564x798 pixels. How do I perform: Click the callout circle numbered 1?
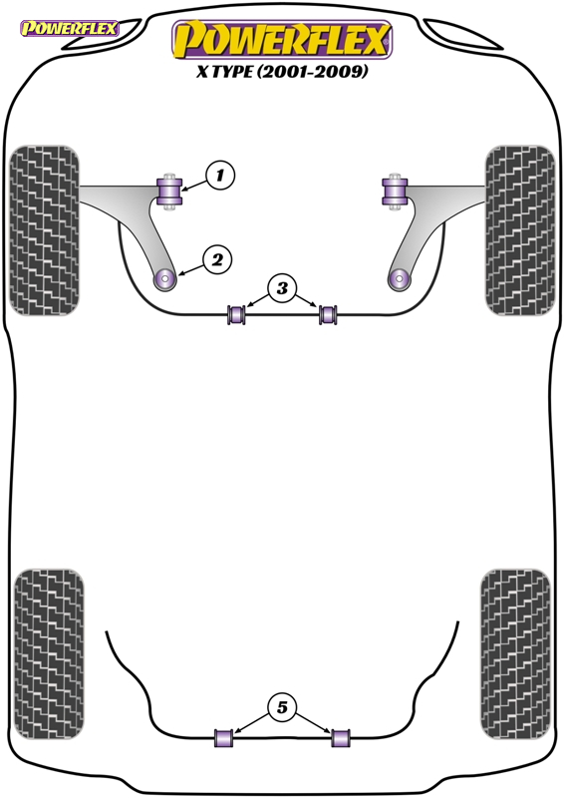[x=219, y=176]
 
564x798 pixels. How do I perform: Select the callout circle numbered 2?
[x=217, y=260]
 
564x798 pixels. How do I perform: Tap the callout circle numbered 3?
[x=282, y=288]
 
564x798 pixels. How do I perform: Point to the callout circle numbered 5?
[x=282, y=707]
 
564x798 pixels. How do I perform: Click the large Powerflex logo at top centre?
[x=282, y=39]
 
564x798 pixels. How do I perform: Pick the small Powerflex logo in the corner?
[x=69, y=29]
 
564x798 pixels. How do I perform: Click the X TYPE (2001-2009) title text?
[x=282, y=71]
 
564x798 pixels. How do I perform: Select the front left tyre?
[x=45, y=230]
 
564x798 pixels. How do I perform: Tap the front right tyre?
[x=520, y=230]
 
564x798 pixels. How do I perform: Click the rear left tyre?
[x=49, y=654]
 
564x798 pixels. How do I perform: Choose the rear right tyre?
[x=515, y=654]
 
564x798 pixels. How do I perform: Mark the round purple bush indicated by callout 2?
[x=164, y=278]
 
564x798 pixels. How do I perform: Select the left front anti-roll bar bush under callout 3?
[x=236, y=314]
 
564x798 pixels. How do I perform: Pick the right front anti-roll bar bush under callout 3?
[x=328, y=314]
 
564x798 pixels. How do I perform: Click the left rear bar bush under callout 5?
[x=224, y=738]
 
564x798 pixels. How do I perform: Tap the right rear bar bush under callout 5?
[x=341, y=738]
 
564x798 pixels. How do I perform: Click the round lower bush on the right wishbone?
[x=400, y=278]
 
